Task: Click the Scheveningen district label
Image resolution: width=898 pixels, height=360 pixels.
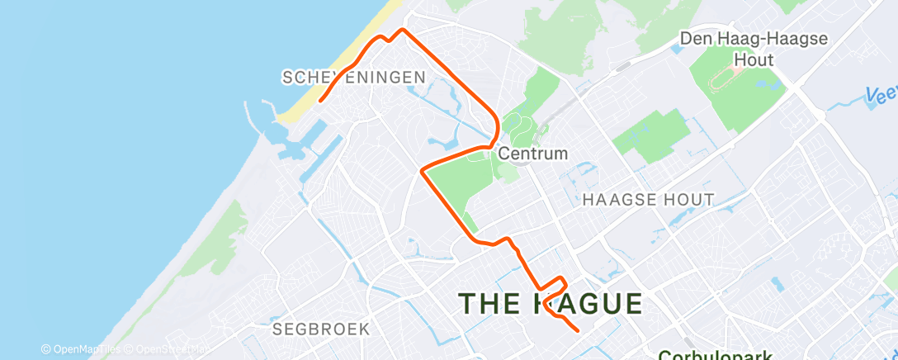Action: point(354,78)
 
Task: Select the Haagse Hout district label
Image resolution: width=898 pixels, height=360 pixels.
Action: point(648,200)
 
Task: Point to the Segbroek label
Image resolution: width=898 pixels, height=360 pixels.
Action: point(321,329)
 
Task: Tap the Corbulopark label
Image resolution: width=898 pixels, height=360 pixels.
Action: point(715,355)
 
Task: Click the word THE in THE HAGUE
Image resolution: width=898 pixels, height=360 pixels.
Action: point(489,303)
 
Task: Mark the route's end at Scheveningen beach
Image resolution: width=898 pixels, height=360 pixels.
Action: point(319,101)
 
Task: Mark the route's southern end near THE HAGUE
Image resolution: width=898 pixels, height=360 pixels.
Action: point(576,330)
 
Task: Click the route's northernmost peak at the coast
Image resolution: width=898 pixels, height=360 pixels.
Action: point(402,30)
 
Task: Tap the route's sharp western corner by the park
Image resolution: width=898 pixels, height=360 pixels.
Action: point(423,171)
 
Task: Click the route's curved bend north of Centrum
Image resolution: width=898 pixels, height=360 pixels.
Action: point(495,128)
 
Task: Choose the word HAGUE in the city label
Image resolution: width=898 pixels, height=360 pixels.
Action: point(588,303)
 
